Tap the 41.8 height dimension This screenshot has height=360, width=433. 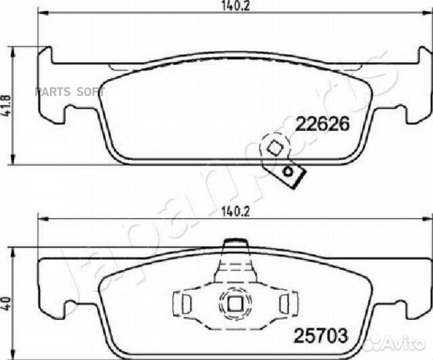(7, 103)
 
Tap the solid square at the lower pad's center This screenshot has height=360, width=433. (234, 303)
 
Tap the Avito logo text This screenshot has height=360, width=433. (404, 345)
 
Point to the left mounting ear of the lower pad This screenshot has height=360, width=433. (52, 287)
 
